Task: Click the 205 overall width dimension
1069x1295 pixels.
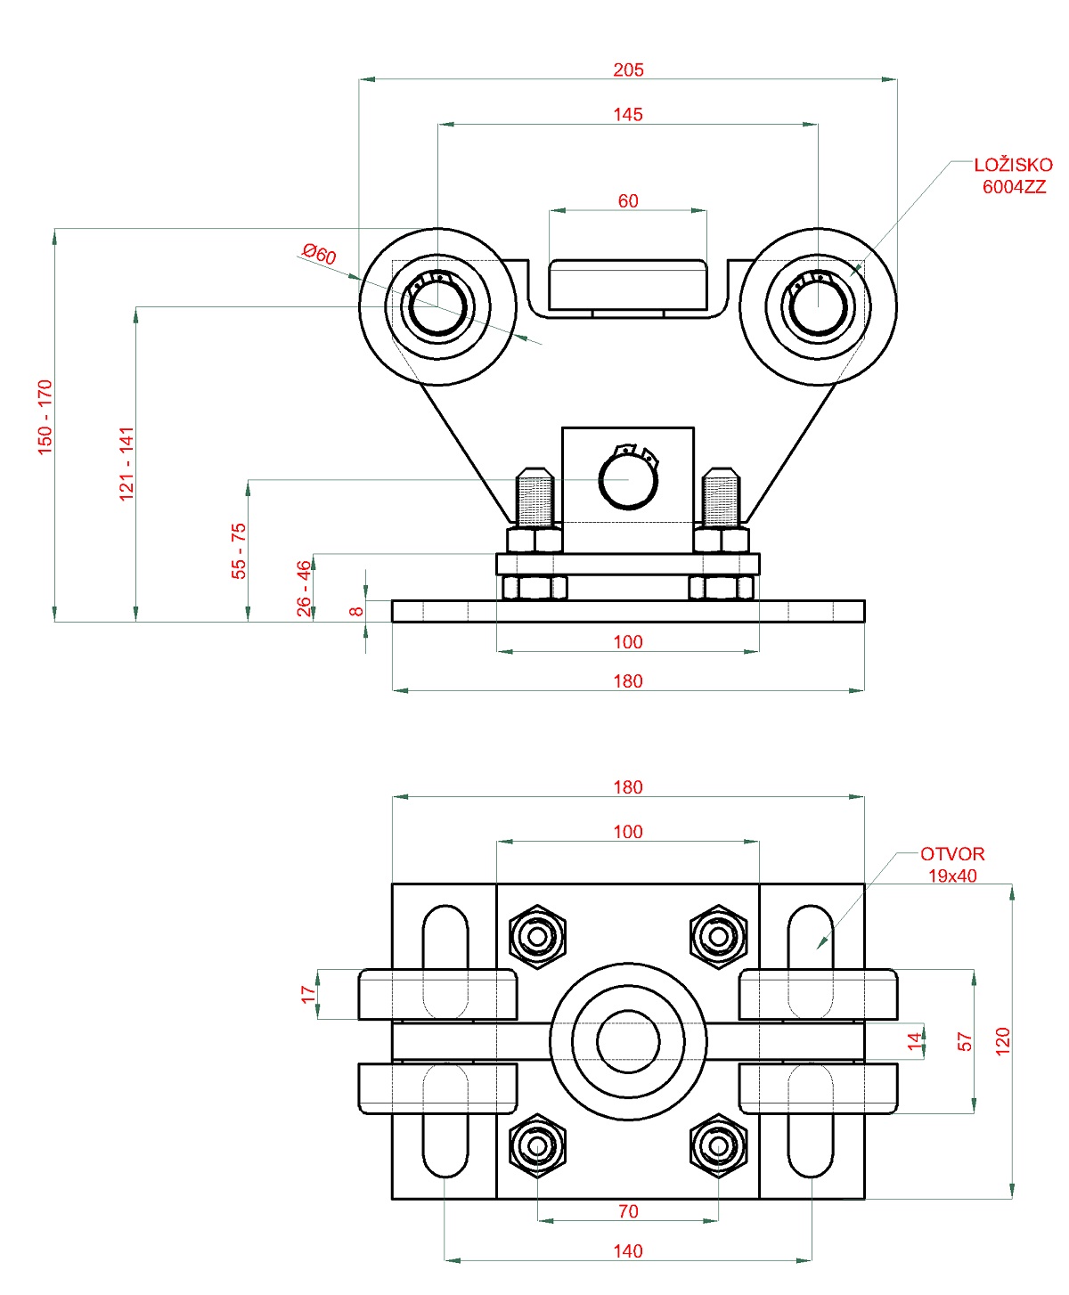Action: click(628, 69)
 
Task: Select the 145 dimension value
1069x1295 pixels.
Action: click(628, 114)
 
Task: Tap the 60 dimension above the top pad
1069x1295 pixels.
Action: click(628, 200)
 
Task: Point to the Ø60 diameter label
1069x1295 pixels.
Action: click(319, 254)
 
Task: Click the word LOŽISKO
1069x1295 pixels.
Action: click(1013, 165)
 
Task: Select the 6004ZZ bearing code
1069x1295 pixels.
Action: click(1014, 187)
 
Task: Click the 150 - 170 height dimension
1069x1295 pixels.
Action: click(45, 417)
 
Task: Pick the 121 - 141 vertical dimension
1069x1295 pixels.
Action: click(126, 463)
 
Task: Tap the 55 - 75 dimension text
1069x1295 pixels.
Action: click(239, 550)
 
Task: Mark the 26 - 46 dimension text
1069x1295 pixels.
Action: click(304, 588)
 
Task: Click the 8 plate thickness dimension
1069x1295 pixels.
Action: click(356, 611)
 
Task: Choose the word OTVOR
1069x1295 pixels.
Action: click(952, 854)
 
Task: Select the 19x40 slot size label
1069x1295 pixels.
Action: click(952, 876)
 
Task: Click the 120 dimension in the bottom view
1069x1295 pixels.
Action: click(1003, 1041)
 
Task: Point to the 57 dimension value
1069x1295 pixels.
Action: click(965, 1041)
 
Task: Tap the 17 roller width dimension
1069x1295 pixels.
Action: click(308, 994)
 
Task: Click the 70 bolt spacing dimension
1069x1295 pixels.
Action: click(628, 1211)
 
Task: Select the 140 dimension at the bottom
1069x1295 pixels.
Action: click(628, 1250)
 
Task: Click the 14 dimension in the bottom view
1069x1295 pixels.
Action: click(914, 1041)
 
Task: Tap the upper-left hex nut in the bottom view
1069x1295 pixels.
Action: click(538, 936)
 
